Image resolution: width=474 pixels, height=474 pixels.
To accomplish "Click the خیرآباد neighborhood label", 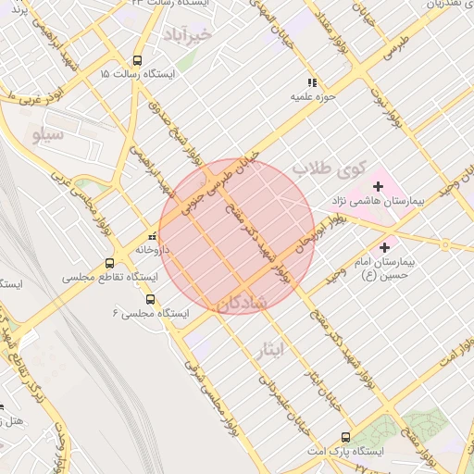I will point(188,35).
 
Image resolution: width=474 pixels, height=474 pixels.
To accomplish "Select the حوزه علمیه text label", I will point(312,95).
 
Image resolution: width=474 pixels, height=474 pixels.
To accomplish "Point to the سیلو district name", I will point(48,136).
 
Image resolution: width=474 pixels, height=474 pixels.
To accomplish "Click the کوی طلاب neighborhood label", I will point(325,169).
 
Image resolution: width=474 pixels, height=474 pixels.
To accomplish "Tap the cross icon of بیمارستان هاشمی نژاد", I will point(378,186).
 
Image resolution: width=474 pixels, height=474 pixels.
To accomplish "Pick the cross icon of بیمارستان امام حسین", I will point(385,247).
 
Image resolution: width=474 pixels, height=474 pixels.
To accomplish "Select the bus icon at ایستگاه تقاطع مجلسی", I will point(110,263).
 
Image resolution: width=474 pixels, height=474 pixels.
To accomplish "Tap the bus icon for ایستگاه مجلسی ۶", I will point(151,300).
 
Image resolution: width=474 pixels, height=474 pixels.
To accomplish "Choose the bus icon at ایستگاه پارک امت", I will point(345,437).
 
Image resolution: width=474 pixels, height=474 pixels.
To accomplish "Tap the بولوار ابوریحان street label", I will point(321,231).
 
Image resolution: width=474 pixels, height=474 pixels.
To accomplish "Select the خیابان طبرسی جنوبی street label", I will point(219,174).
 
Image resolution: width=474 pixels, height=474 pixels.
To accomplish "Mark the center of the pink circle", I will point(237,236).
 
